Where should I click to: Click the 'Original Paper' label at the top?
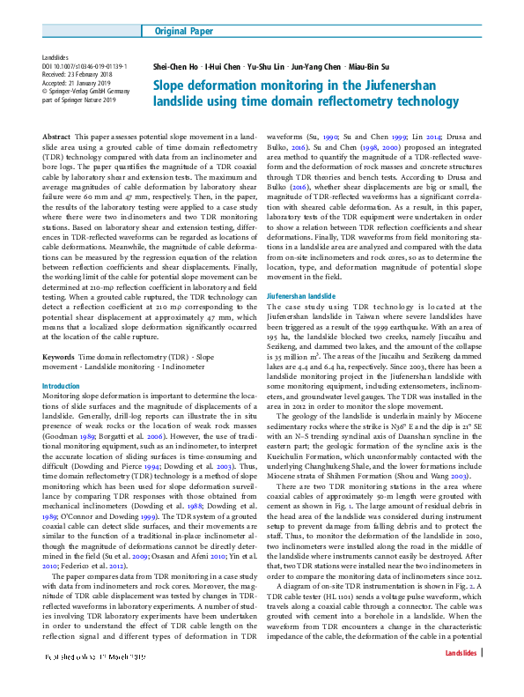[182, 32]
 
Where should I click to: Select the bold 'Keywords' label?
[58, 357]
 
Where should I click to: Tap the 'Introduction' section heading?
[61, 386]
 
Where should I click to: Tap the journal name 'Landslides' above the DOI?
[56, 57]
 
